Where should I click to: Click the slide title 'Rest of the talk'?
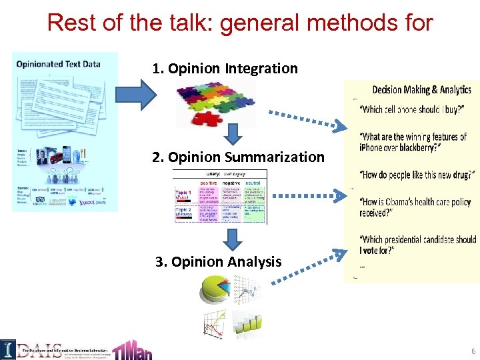pyautogui.click(x=240, y=23)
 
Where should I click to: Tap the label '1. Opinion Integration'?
pyautogui.click(x=225, y=68)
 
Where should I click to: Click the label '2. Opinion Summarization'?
pyautogui.click(x=238, y=157)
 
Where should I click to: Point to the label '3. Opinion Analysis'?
pyautogui.click(x=218, y=261)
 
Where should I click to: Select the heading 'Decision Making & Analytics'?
pyautogui.click(x=421, y=90)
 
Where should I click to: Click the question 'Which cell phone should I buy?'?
pyautogui.click(x=412, y=109)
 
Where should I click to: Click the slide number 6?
pyautogui.click(x=472, y=351)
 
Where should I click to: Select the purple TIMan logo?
pyautogui.click(x=132, y=347)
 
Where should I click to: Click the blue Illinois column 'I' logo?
pyautogui.click(x=8, y=349)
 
